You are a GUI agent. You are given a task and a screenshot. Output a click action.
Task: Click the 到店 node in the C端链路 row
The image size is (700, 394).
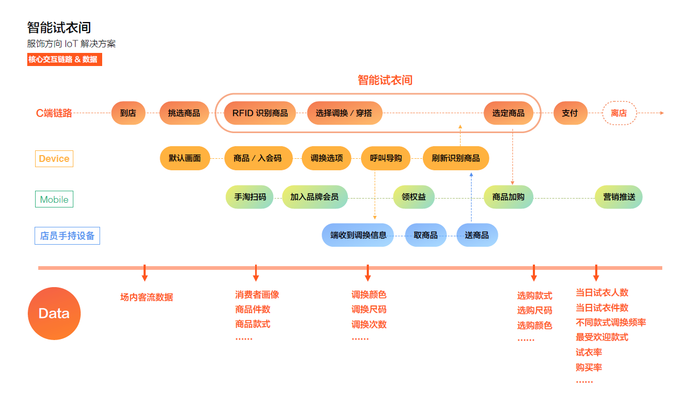128,113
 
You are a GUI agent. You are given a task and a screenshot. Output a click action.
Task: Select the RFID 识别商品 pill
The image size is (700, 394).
260,113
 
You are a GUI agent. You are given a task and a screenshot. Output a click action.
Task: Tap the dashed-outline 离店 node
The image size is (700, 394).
619,113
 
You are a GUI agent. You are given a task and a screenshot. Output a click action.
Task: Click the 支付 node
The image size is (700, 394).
570,113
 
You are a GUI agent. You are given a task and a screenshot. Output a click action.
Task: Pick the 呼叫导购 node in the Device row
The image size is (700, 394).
386,158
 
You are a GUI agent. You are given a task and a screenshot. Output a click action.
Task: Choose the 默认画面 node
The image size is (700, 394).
184,158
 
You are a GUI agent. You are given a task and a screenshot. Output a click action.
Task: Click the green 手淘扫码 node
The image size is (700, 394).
250,198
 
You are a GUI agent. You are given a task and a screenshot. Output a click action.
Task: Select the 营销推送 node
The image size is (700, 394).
619,198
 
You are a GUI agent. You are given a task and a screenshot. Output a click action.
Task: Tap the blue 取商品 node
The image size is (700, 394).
425,235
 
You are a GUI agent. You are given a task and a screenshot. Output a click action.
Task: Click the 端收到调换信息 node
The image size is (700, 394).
358,235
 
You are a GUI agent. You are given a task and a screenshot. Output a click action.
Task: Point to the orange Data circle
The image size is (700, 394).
54,314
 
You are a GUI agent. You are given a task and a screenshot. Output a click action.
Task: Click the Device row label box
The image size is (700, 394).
54,159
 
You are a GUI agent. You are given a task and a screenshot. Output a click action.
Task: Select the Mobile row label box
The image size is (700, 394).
54,200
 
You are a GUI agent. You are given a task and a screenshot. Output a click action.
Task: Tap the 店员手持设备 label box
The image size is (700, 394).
67,236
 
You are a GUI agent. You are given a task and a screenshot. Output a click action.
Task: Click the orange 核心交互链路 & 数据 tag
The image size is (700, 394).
64,60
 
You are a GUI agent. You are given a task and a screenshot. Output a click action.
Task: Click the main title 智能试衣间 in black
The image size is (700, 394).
59,27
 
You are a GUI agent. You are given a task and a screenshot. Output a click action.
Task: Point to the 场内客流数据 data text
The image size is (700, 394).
147,298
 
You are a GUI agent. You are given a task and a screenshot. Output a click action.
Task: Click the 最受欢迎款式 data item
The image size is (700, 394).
602,337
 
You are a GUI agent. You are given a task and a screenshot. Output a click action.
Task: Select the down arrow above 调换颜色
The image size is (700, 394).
368,273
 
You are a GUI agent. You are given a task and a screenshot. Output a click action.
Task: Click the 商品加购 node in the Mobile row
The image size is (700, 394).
508,198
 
